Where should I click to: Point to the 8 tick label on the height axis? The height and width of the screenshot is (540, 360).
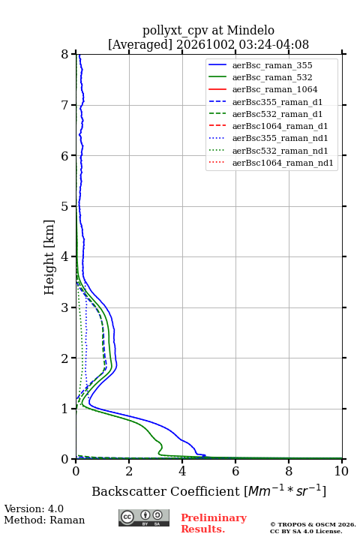pyautogui.click(x=65, y=55)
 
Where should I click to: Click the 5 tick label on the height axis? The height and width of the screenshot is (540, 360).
pyautogui.click(x=65, y=206)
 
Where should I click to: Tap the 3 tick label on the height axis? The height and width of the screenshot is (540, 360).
pyautogui.click(x=65, y=307)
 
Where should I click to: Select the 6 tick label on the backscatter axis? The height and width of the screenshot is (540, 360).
pyautogui.click(x=235, y=471)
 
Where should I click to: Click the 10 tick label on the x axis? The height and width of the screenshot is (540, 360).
pyautogui.click(x=341, y=471)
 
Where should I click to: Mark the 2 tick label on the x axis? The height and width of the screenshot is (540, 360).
pyautogui.click(x=129, y=471)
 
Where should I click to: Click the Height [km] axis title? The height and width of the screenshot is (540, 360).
pyautogui.click(x=49, y=257)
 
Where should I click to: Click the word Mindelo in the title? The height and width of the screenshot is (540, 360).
pyautogui.click(x=250, y=30)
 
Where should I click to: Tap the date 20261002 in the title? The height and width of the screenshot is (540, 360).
pyautogui.click(x=205, y=44)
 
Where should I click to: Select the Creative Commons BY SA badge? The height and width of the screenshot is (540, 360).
pyautogui.click(x=144, y=518)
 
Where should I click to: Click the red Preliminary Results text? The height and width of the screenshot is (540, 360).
pyautogui.click(x=214, y=523)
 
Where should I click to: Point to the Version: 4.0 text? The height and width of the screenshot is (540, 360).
pyautogui.click(x=34, y=508)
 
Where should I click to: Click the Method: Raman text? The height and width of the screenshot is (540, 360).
pyautogui.click(x=44, y=520)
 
